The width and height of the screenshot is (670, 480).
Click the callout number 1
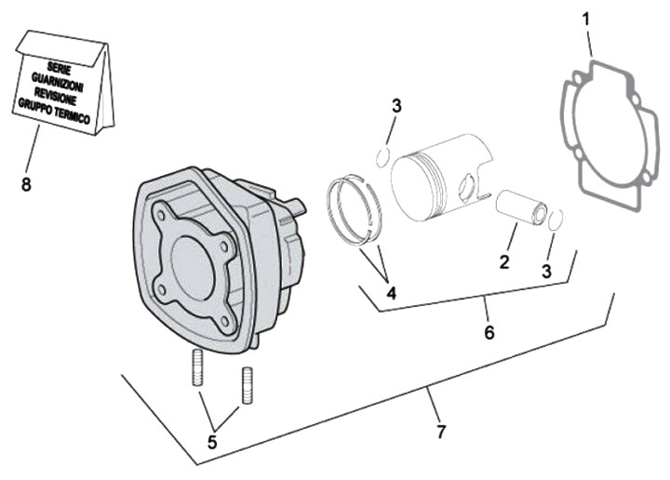(x=585, y=18)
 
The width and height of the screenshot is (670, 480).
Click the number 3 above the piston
(x=396, y=106)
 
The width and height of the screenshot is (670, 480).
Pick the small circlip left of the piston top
(x=383, y=154)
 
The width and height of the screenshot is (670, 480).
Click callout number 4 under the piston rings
(x=392, y=293)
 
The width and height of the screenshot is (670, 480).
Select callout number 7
(x=441, y=431)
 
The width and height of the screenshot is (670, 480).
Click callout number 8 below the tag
(x=26, y=184)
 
